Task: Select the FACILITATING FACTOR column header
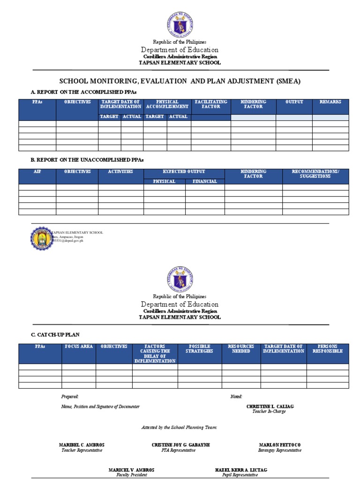click(210, 104)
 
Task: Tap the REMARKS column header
click(330, 102)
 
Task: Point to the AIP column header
click(37, 172)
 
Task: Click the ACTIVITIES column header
click(120, 172)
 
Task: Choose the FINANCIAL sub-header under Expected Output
click(205, 181)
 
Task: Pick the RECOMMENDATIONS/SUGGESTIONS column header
click(315, 174)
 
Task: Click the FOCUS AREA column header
click(79, 346)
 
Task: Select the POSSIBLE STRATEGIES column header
click(199, 349)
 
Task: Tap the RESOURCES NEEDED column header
click(241, 349)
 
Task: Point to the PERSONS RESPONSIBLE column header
click(327, 349)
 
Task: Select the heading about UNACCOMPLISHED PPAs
click(81, 159)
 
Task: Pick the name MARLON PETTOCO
click(279, 445)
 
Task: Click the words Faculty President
click(132, 475)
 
